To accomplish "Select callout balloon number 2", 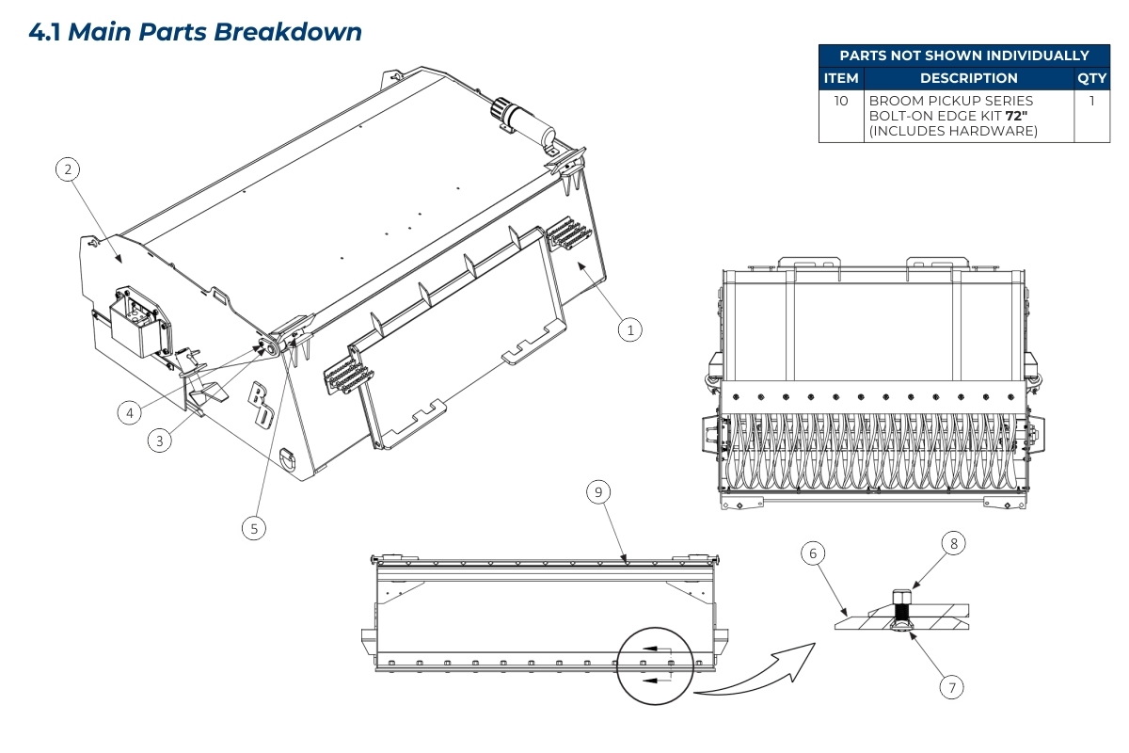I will [67, 169].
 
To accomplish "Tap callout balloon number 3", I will [162, 441].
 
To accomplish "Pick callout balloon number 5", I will [253, 528].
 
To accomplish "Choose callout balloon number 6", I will [813, 553].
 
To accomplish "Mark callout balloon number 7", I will [951, 687].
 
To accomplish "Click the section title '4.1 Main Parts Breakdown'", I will [196, 31].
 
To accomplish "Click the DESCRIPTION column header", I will [968, 78].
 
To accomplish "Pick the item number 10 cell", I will [841, 100].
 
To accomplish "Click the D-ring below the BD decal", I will [289, 457].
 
